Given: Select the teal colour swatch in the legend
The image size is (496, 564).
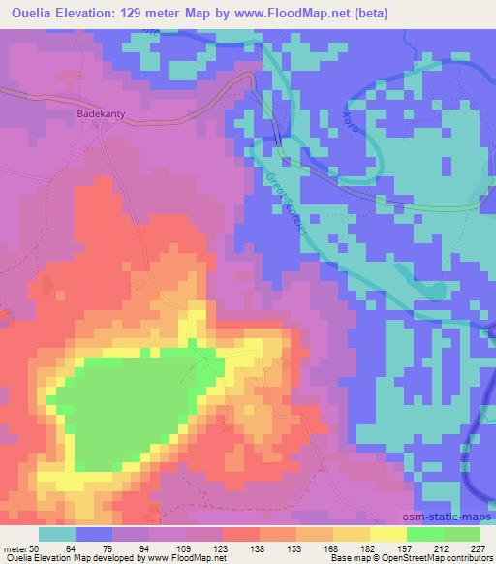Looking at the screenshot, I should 57,534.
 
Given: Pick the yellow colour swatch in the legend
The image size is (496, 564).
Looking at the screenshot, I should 388,534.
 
